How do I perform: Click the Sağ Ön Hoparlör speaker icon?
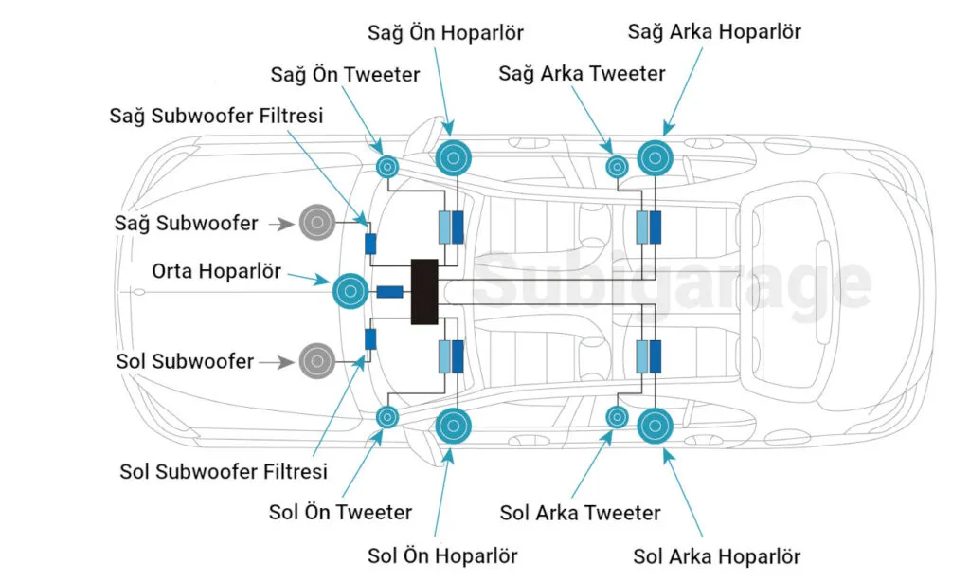click(x=454, y=158)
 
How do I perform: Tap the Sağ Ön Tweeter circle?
click(x=387, y=167)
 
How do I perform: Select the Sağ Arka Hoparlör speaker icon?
click(x=656, y=158)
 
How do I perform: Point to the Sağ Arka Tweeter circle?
click(x=617, y=167)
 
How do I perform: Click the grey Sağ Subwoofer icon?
click(x=317, y=222)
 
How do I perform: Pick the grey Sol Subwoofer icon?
click(x=317, y=361)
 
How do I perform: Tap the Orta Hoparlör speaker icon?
click(x=350, y=291)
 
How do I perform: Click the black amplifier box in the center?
click(x=424, y=292)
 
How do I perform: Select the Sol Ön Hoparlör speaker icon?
click(x=454, y=426)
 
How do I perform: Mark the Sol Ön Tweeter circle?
click(x=387, y=417)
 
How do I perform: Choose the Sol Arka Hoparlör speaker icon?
click(x=656, y=426)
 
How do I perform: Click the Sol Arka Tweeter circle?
click(x=617, y=417)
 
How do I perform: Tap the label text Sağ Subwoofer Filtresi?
click(x=217, y=116)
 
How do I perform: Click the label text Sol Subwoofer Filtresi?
click(x=224, y=471)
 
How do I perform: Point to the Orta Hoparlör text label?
click(x=217, y=270)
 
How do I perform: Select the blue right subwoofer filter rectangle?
click(x=370, y=244)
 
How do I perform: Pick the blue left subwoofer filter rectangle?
click(x=370, y=339)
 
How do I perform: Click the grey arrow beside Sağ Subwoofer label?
click(x=282, y=224)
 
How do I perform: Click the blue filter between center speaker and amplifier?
click(x=389, y=292)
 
